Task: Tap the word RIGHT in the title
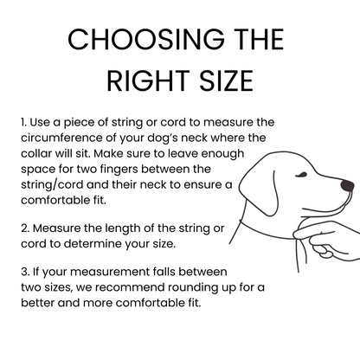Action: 148,80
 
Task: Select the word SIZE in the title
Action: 227,80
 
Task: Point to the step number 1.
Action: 23,122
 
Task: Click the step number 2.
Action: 24,228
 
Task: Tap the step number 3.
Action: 24,272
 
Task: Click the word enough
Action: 222,154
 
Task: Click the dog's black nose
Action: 347,185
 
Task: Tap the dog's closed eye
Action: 300,175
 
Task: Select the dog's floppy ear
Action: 259,191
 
